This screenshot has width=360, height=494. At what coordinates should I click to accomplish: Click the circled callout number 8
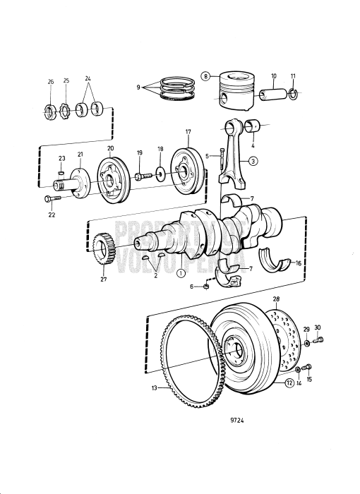click(x=205, y=76)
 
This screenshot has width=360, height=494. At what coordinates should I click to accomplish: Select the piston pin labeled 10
click(x=272, y=92)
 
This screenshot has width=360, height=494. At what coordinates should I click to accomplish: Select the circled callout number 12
click(x=289, y=383)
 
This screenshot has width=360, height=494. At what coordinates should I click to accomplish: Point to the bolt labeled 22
click(x=53, y=198)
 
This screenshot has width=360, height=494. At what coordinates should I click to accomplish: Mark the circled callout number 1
click(x=181, y=272)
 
